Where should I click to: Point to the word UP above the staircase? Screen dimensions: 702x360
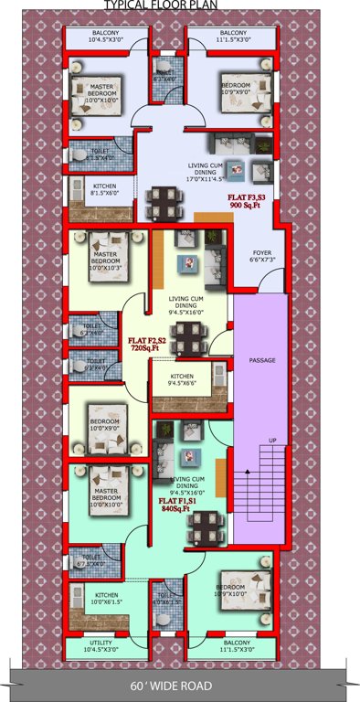point(271,441)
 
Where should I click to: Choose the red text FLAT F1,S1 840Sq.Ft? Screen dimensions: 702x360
point(175,505)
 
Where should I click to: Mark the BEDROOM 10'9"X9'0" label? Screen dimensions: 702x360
point(236,87)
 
